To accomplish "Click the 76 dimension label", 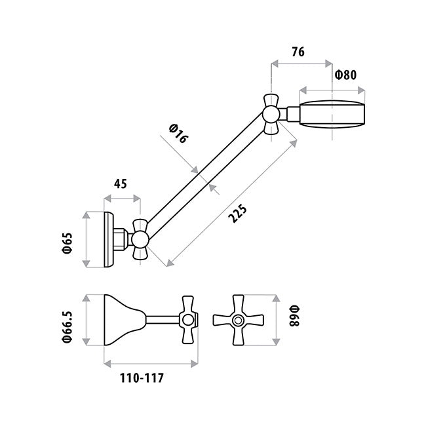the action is [298, 52].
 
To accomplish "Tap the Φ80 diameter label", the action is [345, 75].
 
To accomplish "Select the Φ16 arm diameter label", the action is [178, 134].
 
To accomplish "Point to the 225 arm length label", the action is [238, 214].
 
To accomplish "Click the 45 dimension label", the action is [120, 184].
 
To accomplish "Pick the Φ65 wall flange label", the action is [68, 243].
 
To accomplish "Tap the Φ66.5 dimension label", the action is [68, 327].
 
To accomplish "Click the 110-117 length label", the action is [142, 378].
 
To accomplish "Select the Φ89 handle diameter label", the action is [294, 316].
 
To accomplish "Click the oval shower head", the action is [332, 114].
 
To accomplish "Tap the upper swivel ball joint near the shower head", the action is [271, 115].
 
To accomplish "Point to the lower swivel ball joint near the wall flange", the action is [140, 239].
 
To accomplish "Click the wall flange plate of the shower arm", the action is [109, 239].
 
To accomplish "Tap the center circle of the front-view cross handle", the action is [238, 320].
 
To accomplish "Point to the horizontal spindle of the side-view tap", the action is [163, 320].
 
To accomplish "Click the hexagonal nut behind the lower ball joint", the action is [121, 239].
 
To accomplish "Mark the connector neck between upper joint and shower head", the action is [289, 114].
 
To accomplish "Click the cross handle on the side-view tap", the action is [188, 320].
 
